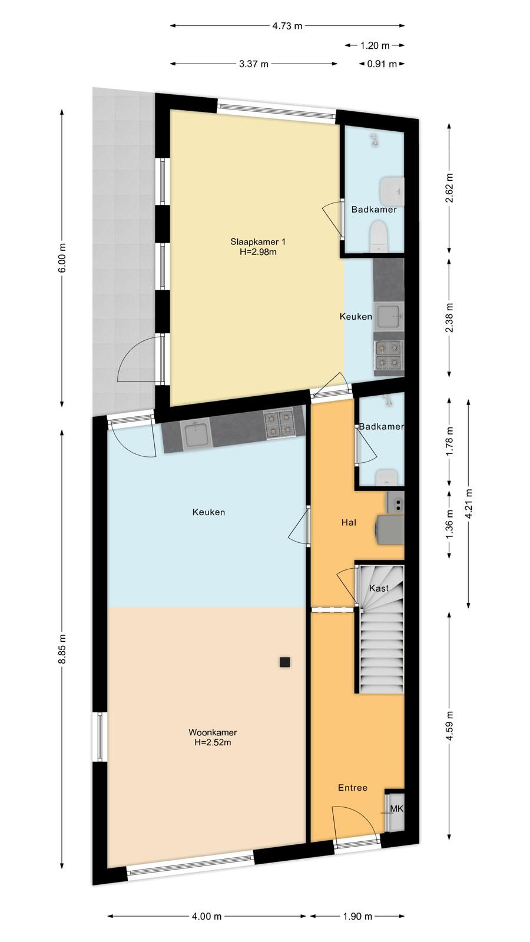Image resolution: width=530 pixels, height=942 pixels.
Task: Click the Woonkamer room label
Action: pyautogui.click(x=213, y=732)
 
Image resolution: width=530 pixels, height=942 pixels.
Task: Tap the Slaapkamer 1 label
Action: pyautogui.click(x=258, y=242)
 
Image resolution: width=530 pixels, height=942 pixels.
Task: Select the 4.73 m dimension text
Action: pyautogui.click(x=287, y=26)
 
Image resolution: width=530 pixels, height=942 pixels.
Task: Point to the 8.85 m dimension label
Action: pyautogui.click(x=62, y=649)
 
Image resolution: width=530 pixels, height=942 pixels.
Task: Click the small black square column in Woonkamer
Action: pyautogui.click(x=285, y=662)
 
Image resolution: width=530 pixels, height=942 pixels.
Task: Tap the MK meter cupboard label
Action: pyautogui.click(x=397, y=808)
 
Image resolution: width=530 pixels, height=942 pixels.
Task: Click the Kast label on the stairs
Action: pyautogui.click(x=379, y=588)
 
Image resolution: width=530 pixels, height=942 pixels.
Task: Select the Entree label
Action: pyautogui.click(x=353, y=787)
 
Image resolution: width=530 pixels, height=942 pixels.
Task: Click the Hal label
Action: pyautogui.click(x=349, y=522)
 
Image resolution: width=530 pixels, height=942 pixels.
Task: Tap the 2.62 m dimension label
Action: pyautogui.click(x=449, y=188)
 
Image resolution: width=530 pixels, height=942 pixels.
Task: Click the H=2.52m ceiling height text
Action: pyautogui.click(x=213, y=742)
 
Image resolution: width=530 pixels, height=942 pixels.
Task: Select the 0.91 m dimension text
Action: pyautogui.click(x=382, y=64)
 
